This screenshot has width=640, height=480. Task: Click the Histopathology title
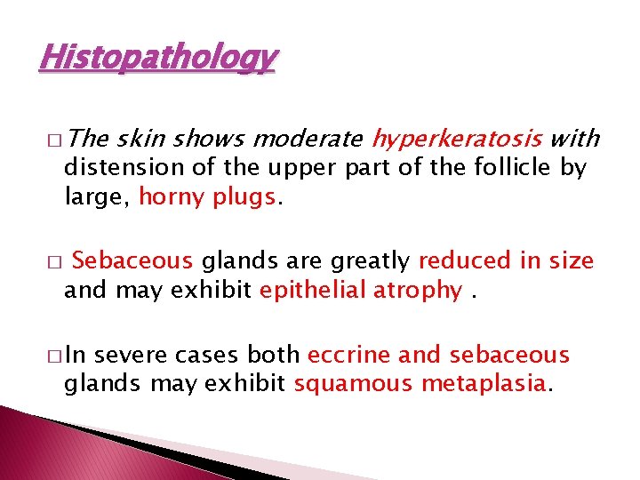[158, 58]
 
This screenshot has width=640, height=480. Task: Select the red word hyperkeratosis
[457, 139]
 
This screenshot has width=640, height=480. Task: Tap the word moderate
[308, 139]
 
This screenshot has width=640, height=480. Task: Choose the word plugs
[244, 197]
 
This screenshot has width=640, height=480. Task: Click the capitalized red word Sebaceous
[132, 261]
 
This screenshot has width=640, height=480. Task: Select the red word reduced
[461, 261]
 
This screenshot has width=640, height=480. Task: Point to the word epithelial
[312, 291]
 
